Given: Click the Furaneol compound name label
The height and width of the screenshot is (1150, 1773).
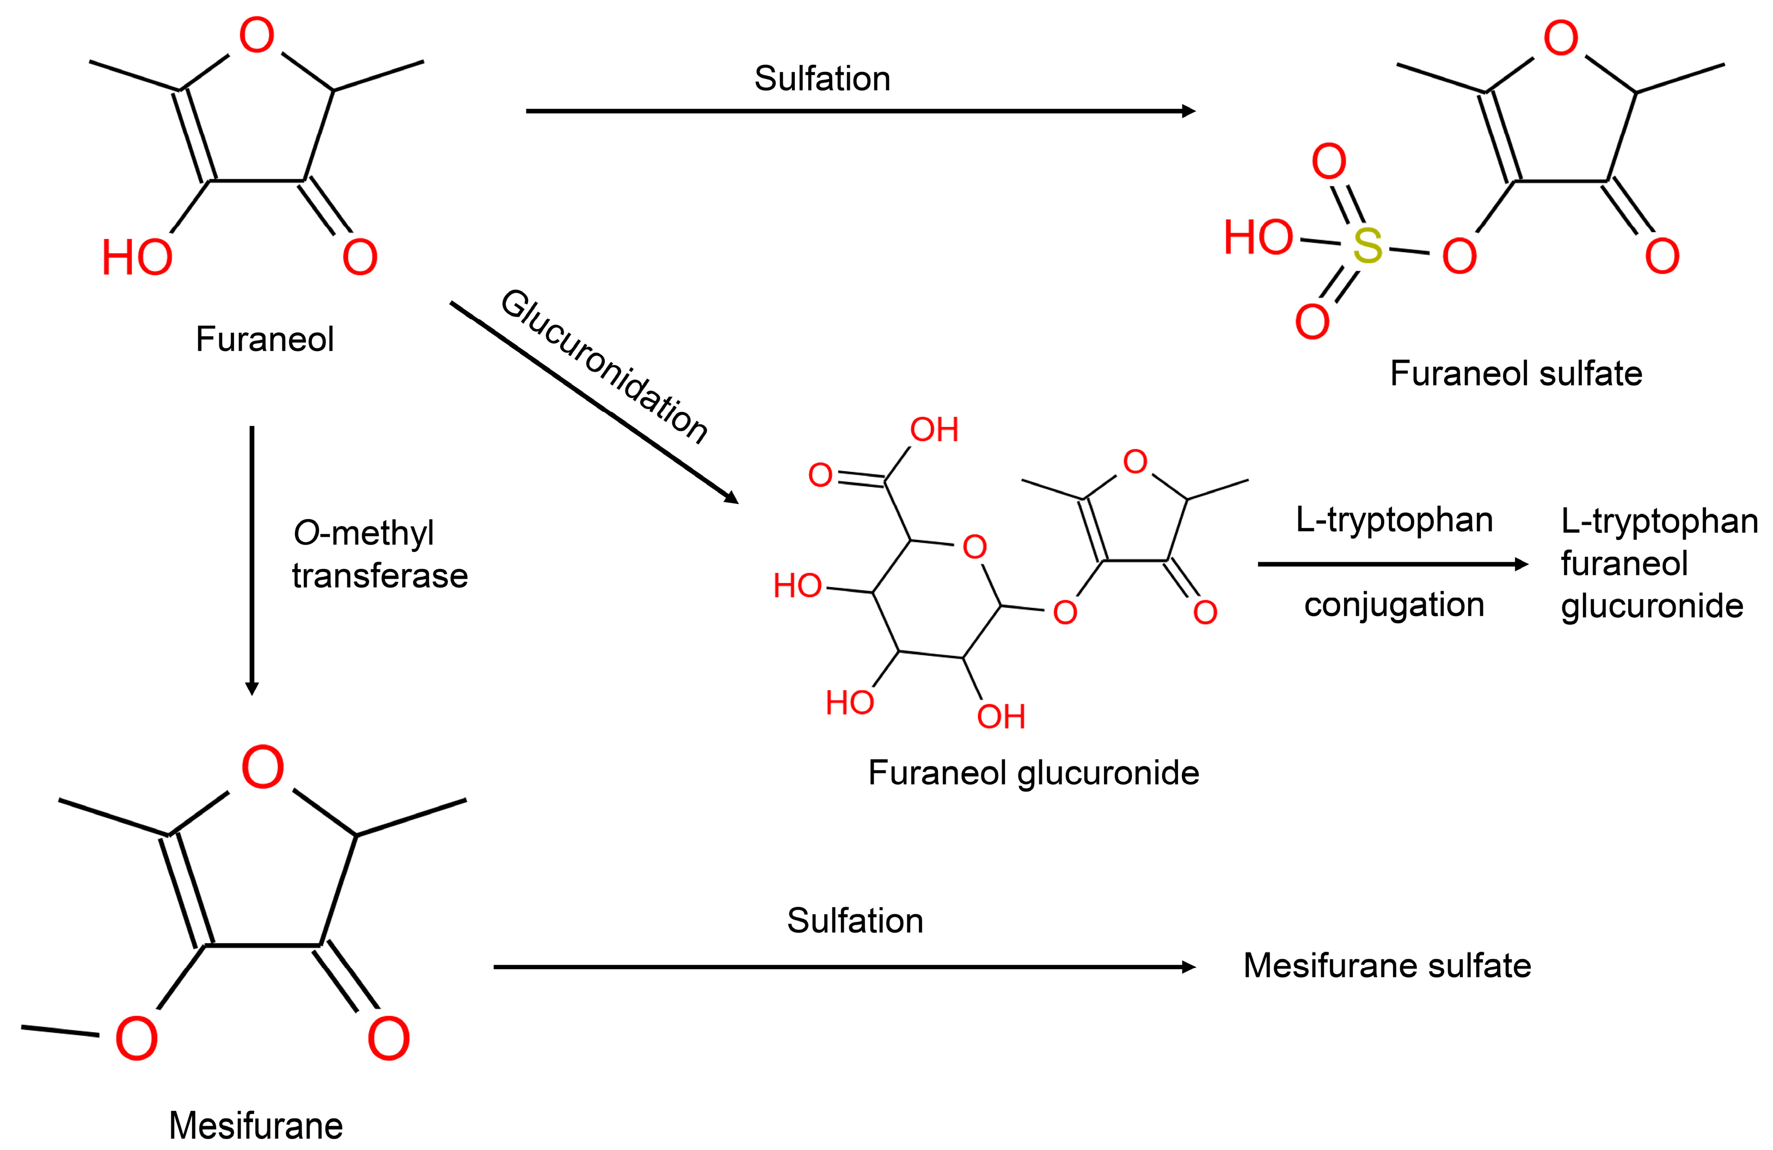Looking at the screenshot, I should point(265,339).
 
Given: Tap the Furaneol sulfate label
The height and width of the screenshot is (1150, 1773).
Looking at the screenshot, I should point(1516,373).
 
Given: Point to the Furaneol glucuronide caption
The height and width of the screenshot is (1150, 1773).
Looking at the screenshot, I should point(1033,773).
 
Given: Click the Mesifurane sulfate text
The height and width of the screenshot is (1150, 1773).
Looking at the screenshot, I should point(1387,966).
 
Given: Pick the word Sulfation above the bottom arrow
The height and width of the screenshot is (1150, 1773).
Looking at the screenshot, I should point(855,921).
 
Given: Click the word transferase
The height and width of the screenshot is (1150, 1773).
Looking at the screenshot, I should point(380,576).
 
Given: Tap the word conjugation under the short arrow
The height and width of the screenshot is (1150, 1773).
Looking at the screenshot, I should point(1394,605).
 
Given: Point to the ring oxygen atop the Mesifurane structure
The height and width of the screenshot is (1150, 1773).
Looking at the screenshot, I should point(262,768).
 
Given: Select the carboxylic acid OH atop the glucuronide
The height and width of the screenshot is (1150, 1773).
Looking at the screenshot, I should point(934,430).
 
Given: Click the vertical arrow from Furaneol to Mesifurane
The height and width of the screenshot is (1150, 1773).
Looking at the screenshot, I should point(252,559).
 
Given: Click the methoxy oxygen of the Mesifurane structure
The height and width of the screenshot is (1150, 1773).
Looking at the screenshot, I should point(136,1039).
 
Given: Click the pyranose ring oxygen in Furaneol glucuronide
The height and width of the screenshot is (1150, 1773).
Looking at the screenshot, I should point(974,547).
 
